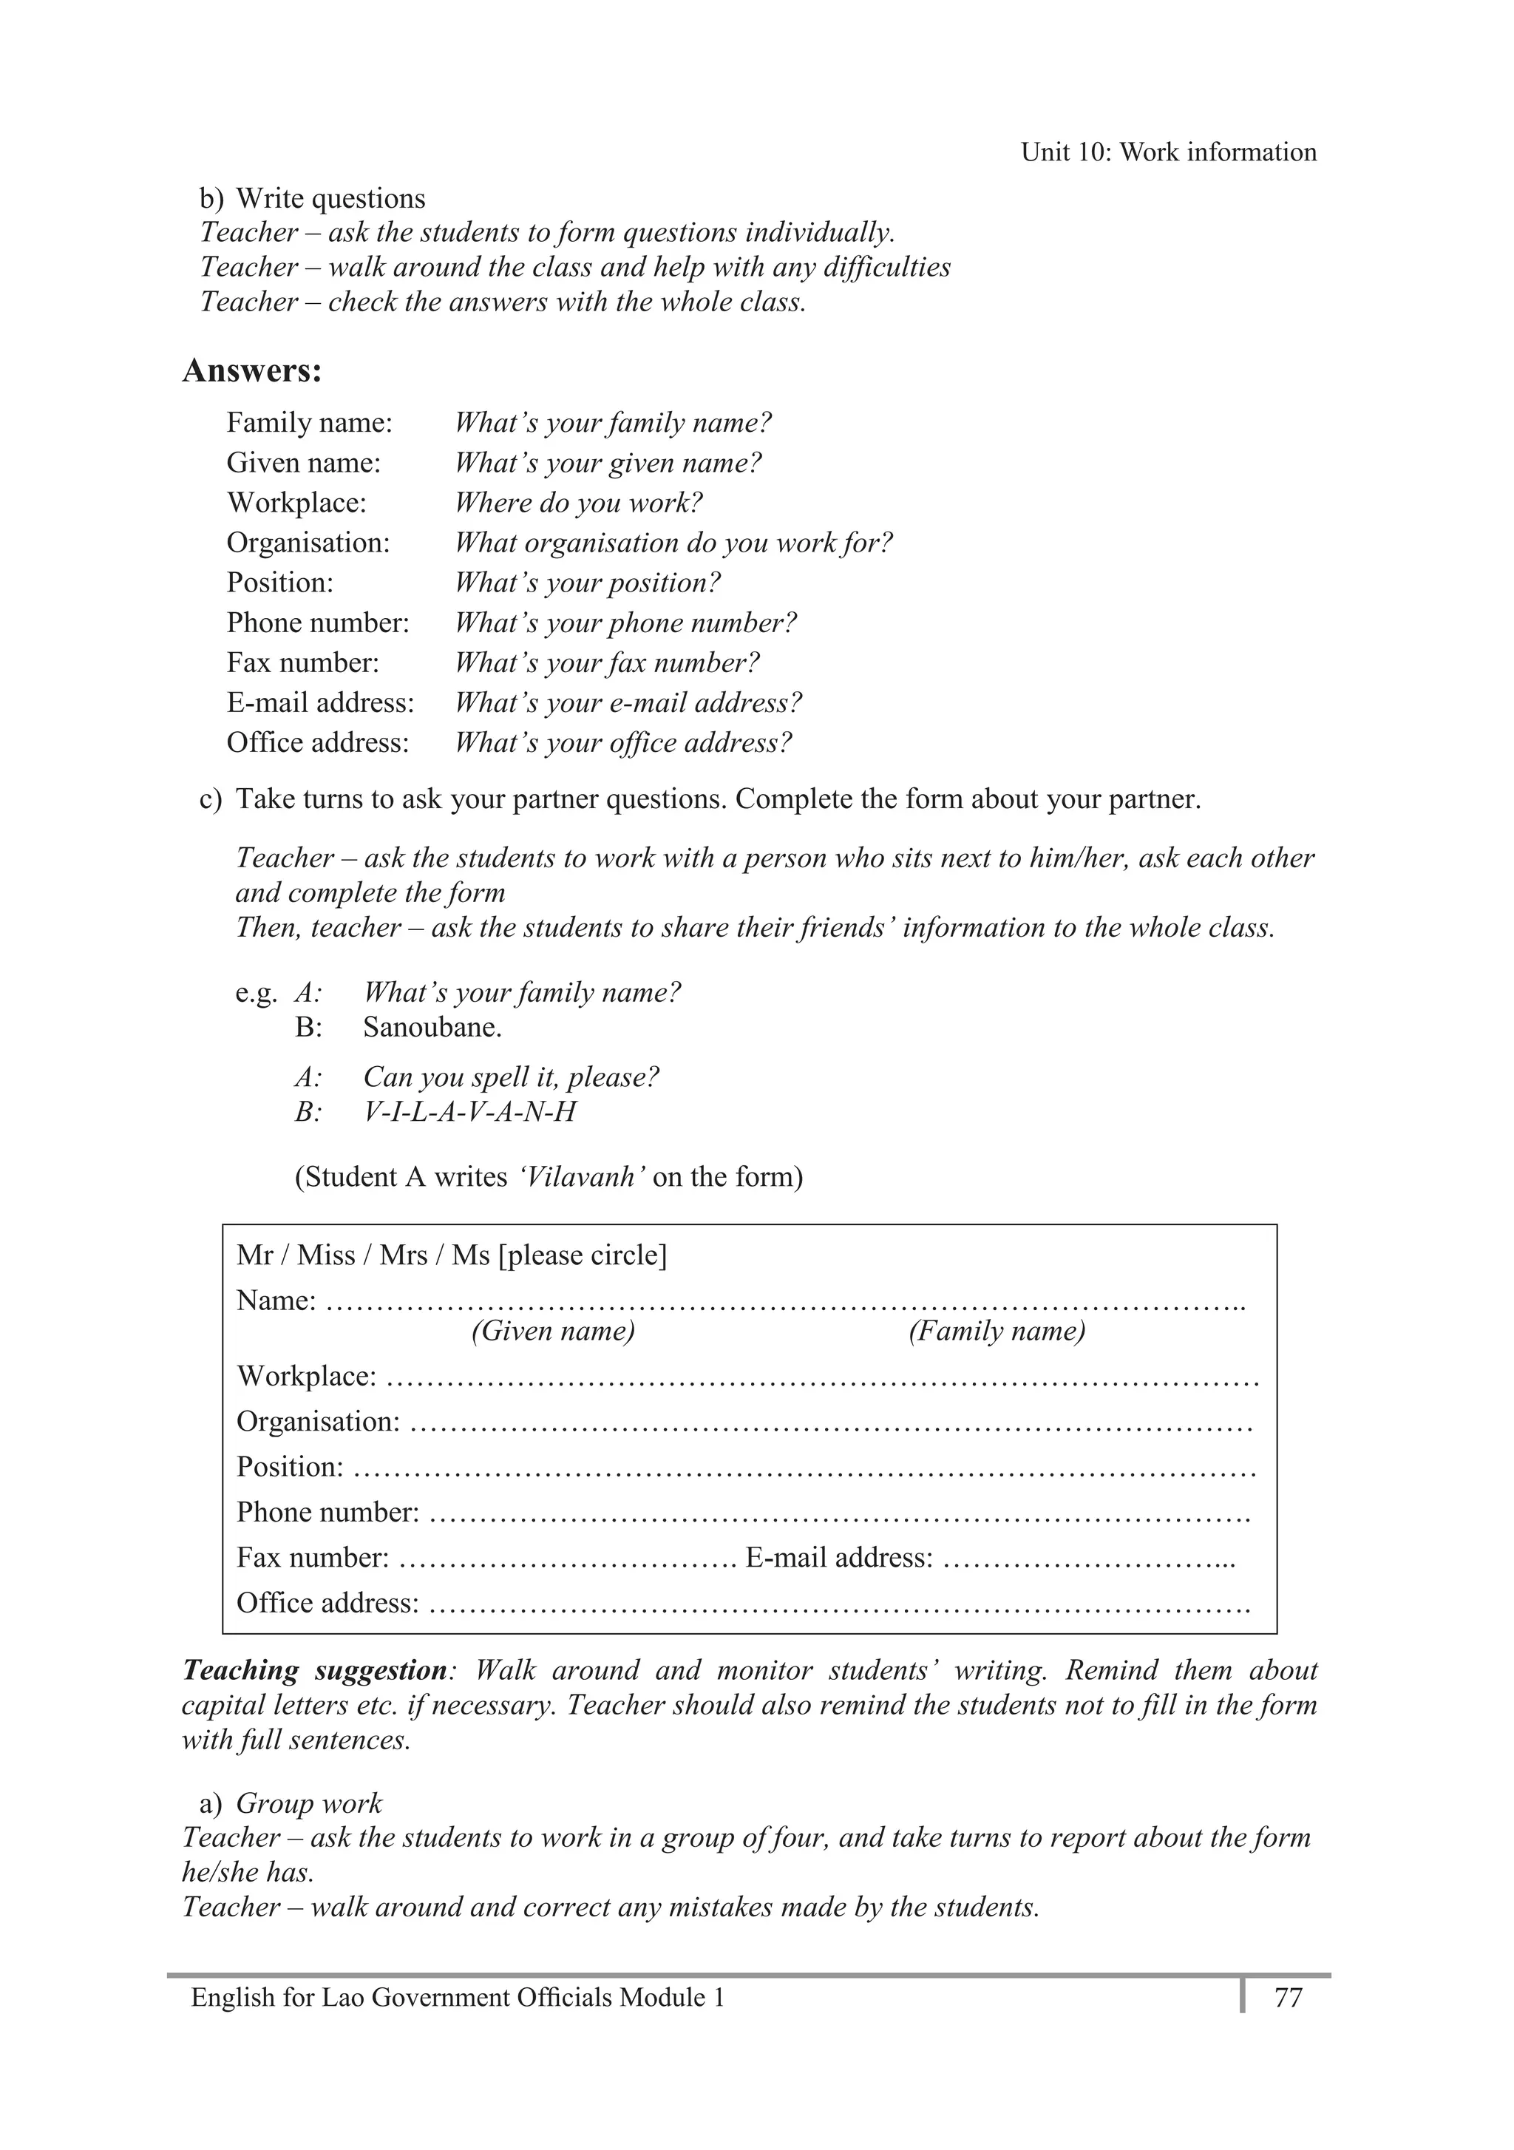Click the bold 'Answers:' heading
(252, 371)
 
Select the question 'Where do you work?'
(577, 503)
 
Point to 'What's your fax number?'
(607, 663)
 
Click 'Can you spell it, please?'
(510, 1077)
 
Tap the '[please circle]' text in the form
(583, 1255)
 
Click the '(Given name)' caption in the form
(552, 1331)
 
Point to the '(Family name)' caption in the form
(997, 1331)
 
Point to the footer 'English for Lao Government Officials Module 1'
(457, 1998)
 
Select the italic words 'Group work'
(309, 1803)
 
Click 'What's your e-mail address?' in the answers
(628, 703)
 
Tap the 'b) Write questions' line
(312, 199)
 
